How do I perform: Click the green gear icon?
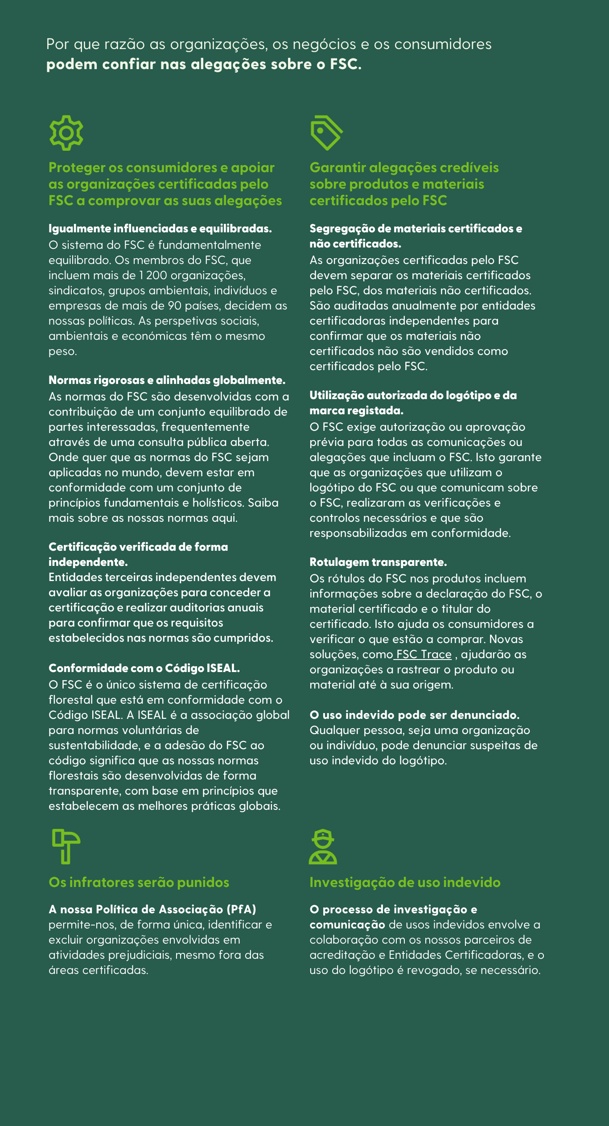coord(66,133)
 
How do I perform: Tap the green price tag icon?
coord(326,133)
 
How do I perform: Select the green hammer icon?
coord(66,846)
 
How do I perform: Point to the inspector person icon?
coord(323,847)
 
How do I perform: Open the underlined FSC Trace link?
coord(424,654)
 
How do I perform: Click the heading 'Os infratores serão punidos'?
coord(139,883)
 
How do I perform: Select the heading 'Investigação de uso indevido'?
coord(405,883)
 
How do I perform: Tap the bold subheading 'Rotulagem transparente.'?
coord(378,562)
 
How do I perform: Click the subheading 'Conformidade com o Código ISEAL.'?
coord(144,668)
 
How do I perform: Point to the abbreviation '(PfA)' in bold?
coord(241,909)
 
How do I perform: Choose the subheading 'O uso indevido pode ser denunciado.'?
coord(414,715)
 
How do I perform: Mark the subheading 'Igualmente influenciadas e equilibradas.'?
coord(160,228)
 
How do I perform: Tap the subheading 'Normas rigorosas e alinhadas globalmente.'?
coord(167,380)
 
